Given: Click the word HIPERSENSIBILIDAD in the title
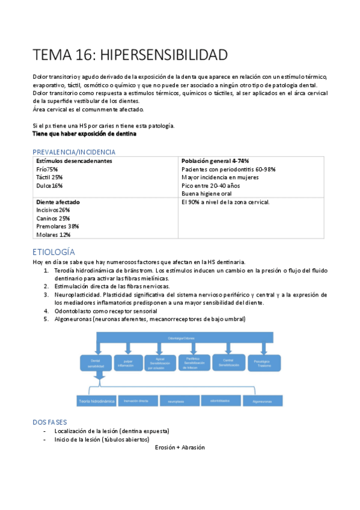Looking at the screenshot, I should point(164,55).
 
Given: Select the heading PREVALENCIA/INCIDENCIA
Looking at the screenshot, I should point(74,152).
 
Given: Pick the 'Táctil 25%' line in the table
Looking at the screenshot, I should point(49,177).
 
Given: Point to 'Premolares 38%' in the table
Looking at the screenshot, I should point(58,226).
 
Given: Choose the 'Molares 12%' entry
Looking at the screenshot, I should point(53,235).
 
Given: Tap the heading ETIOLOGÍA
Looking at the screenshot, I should point(53,251).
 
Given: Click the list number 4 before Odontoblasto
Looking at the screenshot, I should point(46,311).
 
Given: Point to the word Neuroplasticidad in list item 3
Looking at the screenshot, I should point(77,295).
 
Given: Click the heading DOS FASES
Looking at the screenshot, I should point(50,422).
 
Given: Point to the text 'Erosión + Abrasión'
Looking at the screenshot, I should point(180,447).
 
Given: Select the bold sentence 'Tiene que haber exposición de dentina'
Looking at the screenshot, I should point(84,134).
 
